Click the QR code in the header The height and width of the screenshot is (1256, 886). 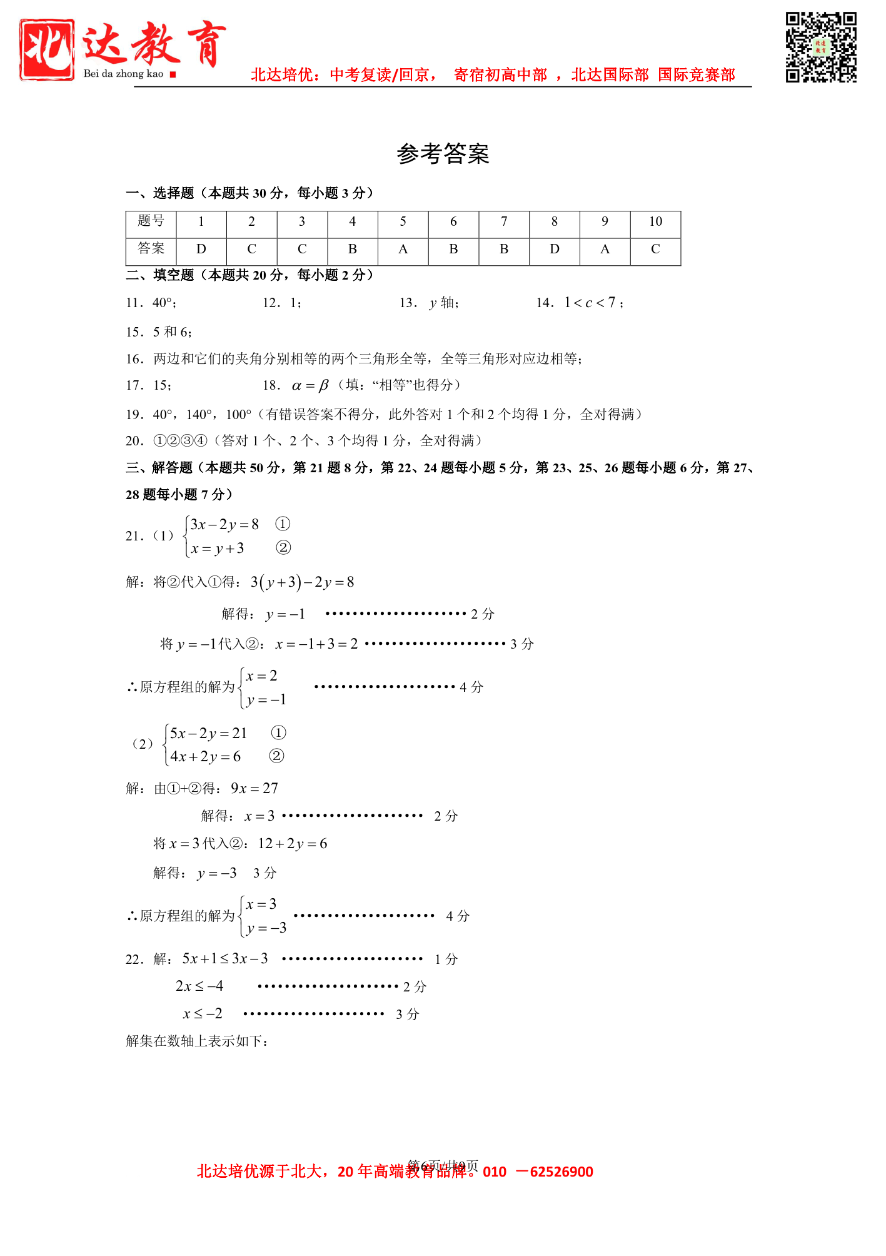coord(820,47)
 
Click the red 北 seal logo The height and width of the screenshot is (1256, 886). coord(47,49)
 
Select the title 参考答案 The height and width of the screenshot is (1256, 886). coord(443,154)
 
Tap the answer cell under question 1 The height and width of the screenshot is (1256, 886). coord(201,250)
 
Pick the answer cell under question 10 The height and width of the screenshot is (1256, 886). coord(655,250)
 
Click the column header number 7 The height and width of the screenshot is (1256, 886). coord(504,222)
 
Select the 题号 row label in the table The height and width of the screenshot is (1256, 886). coord(151,222)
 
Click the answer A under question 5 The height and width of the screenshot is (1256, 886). coord(403,250)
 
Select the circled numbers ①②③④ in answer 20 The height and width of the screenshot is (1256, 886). coord(180,441)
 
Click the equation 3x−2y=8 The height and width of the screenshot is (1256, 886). coord(224,524)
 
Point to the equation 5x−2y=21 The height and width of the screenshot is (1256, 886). coord(209,733)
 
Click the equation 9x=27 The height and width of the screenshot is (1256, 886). coord(254,789)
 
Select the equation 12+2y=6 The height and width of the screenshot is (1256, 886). coord(292,844)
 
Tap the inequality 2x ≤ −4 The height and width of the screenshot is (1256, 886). coord(199,986)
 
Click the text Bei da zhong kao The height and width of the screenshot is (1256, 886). coord(123,74)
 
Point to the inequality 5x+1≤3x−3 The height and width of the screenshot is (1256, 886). coord(225,959)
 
